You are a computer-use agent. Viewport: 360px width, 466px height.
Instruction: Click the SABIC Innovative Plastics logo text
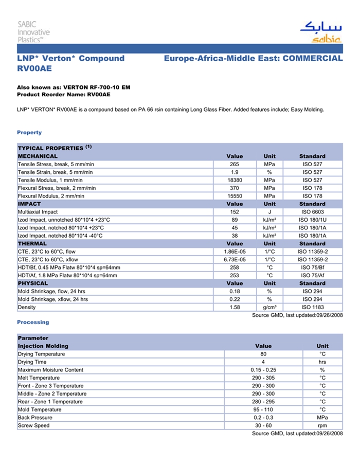[33, 31]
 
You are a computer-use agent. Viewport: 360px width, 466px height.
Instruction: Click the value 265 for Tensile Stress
[235, 164]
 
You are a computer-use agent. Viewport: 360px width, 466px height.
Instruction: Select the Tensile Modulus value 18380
[235, 180]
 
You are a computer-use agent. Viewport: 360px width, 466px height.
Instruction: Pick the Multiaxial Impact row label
[38, 212]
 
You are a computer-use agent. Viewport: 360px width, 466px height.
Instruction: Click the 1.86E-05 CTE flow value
[235, 252]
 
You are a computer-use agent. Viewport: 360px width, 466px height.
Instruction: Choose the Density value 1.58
[235, 307]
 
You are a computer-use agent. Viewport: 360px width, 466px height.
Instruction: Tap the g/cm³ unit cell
[269, 307]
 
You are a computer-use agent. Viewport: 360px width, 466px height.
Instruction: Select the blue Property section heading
[29, 133]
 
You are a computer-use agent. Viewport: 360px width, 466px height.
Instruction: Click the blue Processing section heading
[33, 322]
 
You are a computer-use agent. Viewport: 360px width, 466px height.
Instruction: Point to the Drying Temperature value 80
[263, 354]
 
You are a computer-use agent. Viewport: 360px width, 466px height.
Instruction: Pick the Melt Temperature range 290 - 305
[263, 378]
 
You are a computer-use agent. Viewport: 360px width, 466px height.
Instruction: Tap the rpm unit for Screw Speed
[322, 425]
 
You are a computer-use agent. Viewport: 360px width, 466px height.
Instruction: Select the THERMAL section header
[32, 243]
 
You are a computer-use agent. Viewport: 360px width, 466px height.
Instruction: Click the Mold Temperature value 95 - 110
[263, 409]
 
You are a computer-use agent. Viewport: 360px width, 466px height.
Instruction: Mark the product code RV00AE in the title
[34, 68]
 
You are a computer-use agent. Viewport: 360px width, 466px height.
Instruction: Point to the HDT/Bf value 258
[235, 267]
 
